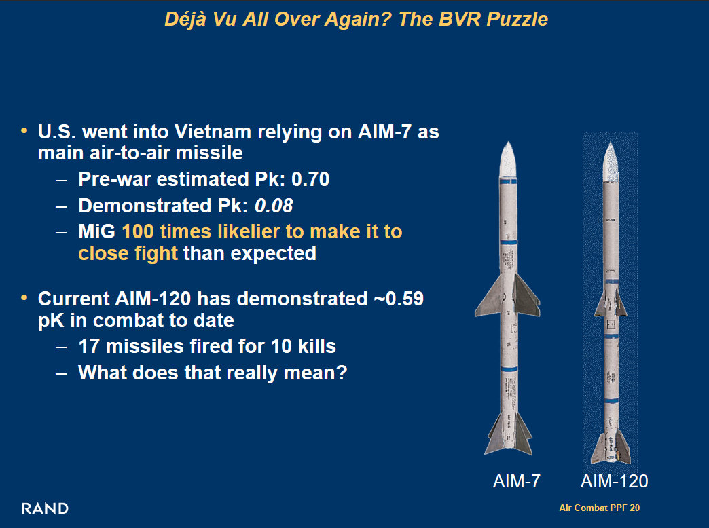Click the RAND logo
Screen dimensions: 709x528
[45, 508]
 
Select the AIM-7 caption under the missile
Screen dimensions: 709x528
[516, 481]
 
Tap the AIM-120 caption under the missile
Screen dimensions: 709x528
[614, 481]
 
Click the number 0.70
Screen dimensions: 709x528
[310, 179]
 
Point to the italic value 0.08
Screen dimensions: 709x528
[274, 206]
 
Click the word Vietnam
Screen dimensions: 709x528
[213, 132]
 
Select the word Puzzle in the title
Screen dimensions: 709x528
[517, 20]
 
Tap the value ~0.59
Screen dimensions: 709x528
[399, 299]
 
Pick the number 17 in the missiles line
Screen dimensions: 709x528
[88, 347]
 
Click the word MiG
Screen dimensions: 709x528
[96, 232]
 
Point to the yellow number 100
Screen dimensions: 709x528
[137, 232]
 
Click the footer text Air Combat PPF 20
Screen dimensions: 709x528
[599, 508]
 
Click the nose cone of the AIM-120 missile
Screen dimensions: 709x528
[611, 162]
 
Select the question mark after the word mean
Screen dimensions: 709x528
[342, 373]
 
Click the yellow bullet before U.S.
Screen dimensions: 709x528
[24, 131]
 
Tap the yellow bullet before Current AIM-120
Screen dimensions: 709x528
[24, 298]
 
